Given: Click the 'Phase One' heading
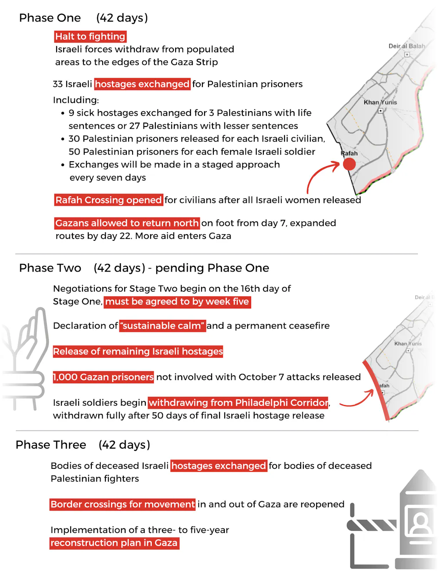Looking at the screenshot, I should [x=50, y=18].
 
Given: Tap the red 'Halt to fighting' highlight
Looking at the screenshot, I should [x=90, y=36].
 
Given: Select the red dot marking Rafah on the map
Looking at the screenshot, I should [x=349, y=164].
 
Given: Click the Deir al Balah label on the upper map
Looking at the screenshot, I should [x=407, y=46].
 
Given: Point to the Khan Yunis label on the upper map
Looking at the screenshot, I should [x=380, y=102].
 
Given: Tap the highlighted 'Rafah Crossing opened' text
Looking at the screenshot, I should [x=108, y=200].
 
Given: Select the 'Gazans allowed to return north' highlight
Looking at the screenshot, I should [x=127, y=223].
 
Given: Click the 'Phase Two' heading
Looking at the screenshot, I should [x=50, y=268].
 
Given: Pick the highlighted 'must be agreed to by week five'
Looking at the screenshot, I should [x=177, y=302].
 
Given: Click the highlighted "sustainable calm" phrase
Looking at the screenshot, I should [x=162, y=326].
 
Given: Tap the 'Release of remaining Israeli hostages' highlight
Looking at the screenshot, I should [x=138, y=352].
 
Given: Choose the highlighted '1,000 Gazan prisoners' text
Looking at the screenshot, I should [x=103, y=377].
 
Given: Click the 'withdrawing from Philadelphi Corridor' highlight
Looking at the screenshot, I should [x=238, y=402].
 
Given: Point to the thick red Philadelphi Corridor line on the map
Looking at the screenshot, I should [x=376, y=389].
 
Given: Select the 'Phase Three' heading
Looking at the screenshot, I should [x=51, y=445].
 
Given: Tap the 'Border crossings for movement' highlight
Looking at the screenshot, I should [x=122, y=504].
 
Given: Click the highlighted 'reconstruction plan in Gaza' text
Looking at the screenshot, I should [x=114, y=543].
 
